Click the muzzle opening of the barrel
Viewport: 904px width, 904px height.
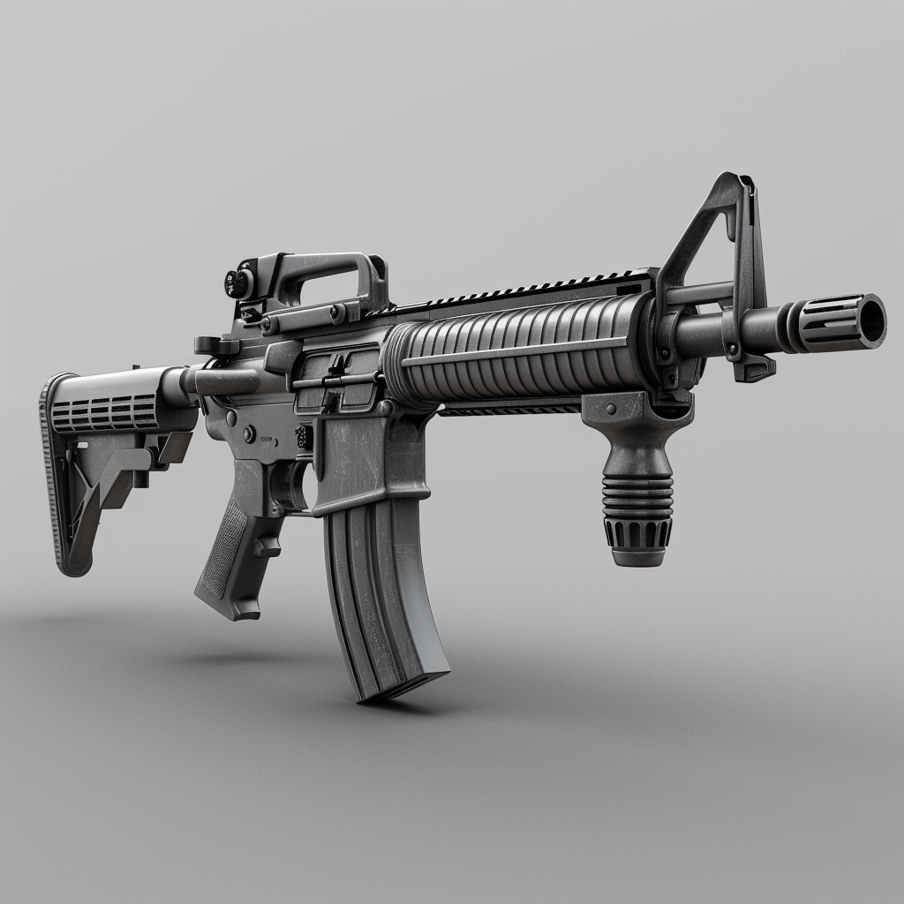(x=871, y=319)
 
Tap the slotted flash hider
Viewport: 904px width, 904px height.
(x=830, y=325)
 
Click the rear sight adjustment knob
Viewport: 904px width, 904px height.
(x=237, y=282)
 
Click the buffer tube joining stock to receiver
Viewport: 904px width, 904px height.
(x=221, y=380)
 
